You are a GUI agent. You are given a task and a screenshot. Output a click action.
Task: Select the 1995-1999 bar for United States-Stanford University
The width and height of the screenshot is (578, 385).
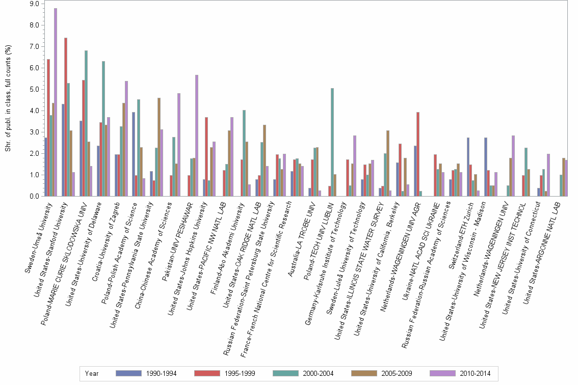66,117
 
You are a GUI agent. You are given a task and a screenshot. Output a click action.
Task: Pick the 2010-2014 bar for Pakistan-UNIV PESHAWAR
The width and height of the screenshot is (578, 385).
196,135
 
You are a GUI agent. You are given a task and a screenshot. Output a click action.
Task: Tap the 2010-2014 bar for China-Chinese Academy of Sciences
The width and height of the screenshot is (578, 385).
179,145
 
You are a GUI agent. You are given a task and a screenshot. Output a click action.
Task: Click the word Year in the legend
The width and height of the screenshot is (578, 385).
92,373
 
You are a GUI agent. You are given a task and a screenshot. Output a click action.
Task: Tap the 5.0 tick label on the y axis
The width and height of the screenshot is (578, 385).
35,89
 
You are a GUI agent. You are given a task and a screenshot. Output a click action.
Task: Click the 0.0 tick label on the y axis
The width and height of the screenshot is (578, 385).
35,196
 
